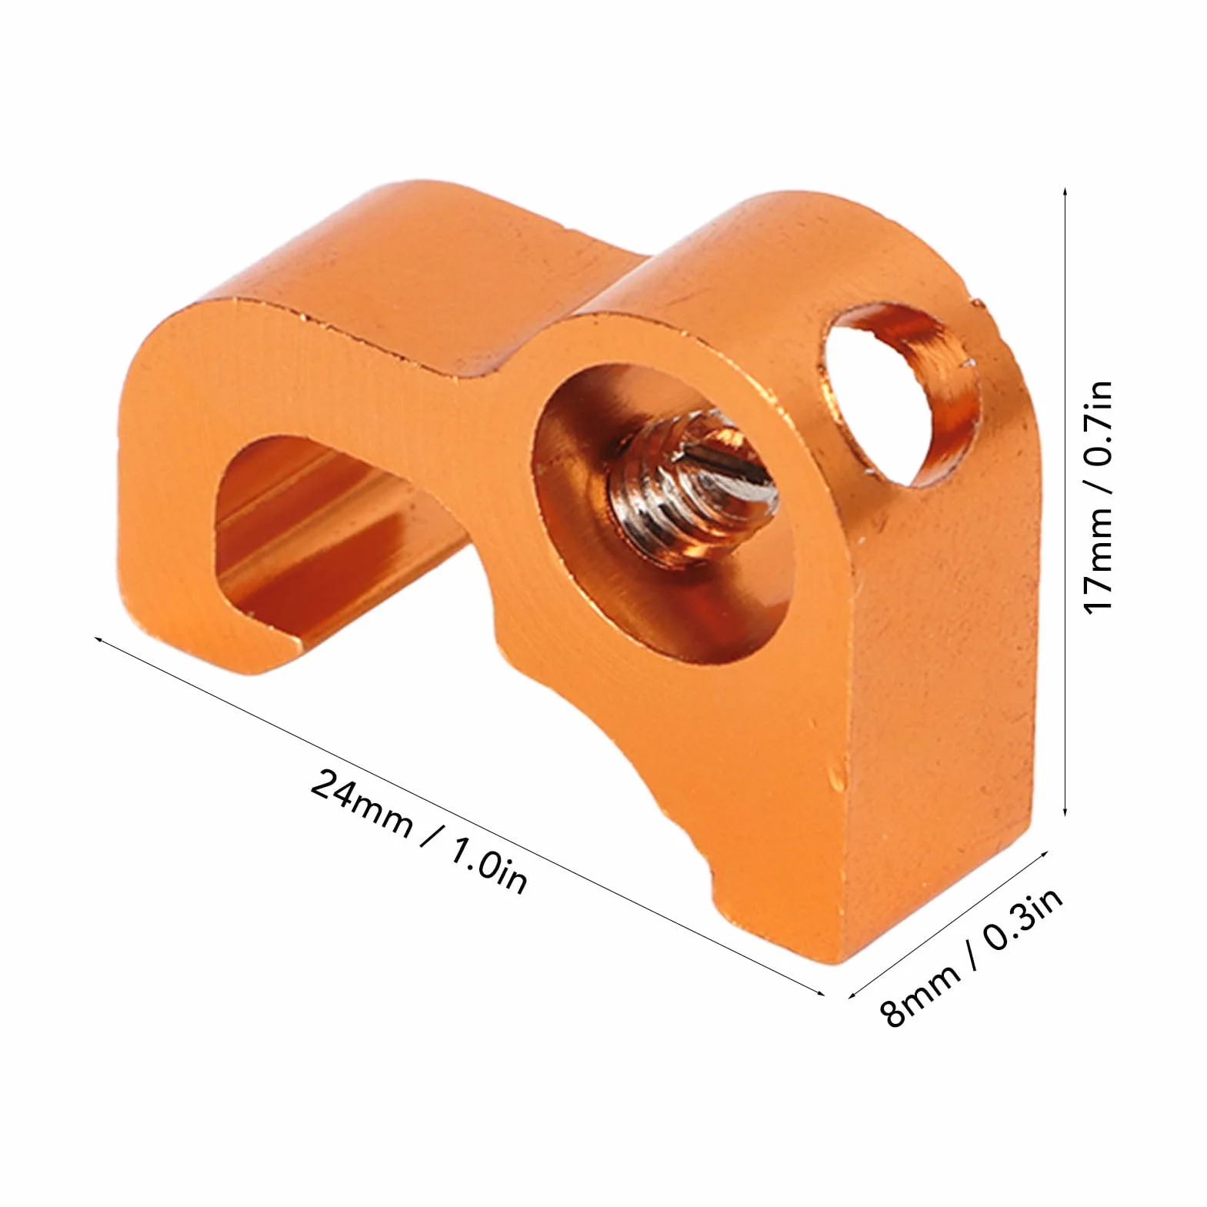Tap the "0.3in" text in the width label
pos(1022,919)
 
